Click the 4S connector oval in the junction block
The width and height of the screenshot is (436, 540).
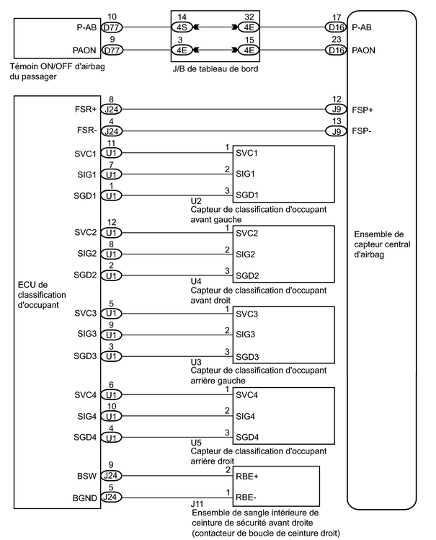[x=182, y=27]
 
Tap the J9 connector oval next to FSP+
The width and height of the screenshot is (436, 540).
[x=336, y=110]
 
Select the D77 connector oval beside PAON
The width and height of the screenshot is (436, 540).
[x=112, y=50]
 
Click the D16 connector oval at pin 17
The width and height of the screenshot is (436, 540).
[x=336, y=27]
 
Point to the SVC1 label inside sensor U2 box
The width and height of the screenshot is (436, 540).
[x=246, y=153]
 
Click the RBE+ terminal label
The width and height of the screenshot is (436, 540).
[x=246, y=477]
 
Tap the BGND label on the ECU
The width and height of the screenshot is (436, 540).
[x=84, y=498]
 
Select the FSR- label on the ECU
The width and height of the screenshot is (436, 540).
[x=86, y=130]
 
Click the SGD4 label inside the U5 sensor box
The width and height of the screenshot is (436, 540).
[x=247, y=438]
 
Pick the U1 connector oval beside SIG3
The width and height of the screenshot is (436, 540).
[x=111, y=335]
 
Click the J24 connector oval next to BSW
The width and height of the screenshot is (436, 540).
[x=111, y=476]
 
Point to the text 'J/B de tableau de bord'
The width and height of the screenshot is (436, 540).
[x=215, y=69]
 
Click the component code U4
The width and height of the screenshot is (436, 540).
[x=196, y=281]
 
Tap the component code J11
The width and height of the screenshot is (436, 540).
[x=197, y=504]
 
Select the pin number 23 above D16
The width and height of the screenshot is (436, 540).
[x=337, y=40]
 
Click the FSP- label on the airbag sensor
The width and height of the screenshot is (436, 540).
[x=362, y=131]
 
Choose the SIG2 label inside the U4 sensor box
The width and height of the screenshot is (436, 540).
[x=245, y=254]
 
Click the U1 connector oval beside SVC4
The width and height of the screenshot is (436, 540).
[x=111, y=394]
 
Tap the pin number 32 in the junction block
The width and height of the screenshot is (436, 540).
[x=249, y=17]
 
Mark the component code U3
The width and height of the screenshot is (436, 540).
[x=196, y=362]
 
